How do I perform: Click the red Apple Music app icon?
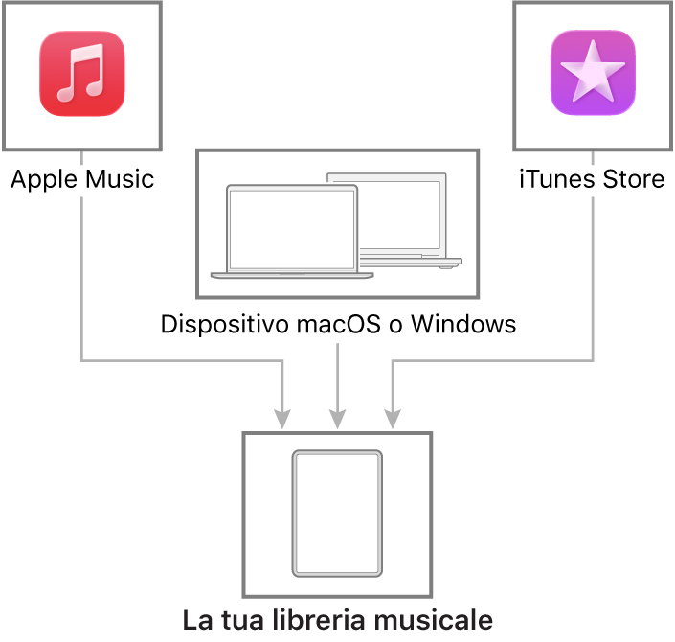point(81,74)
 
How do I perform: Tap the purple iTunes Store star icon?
point(593,74)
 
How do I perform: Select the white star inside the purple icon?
point(593,73)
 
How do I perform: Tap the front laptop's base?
point(292,276)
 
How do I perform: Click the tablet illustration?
point(337,514)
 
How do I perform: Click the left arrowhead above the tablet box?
point(282,420)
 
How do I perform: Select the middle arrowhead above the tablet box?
point(337,420)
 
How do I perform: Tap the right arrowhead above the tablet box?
point(392,420)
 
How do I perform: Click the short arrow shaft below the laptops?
point(337,374)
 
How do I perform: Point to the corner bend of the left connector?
point(82,360)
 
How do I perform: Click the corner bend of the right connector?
point(593,360)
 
